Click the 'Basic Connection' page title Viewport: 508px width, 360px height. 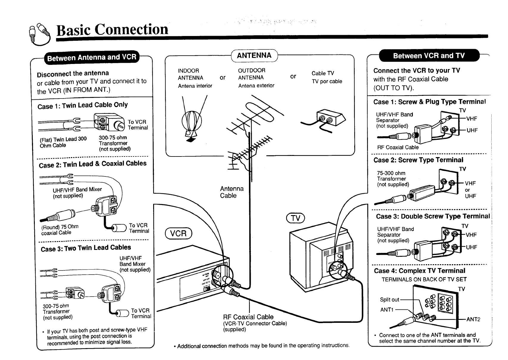112,29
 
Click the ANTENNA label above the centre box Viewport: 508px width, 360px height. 254,55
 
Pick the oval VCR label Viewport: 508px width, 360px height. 178,233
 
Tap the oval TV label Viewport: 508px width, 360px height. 295,218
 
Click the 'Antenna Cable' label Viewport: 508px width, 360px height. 232,192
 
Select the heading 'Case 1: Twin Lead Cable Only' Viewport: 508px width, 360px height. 83,105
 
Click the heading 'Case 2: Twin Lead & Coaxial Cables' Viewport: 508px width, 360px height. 93,164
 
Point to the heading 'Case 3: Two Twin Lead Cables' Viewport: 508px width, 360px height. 86,248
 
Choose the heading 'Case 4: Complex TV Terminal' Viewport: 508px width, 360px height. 419,271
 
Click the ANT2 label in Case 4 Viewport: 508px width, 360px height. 473,320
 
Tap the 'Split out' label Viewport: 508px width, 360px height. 389,300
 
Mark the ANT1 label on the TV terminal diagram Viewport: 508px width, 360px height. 387,310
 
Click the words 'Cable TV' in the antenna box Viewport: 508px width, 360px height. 323,73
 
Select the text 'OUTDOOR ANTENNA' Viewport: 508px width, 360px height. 251,74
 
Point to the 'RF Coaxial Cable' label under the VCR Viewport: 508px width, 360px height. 248,317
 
